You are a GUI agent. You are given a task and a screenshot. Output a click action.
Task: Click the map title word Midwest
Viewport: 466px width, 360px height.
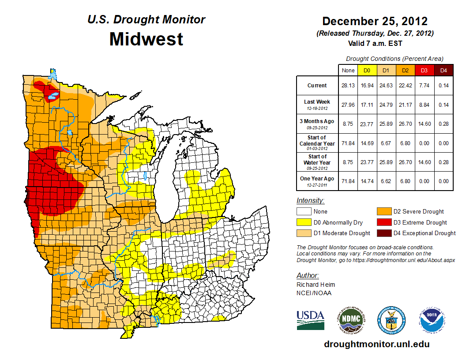146,39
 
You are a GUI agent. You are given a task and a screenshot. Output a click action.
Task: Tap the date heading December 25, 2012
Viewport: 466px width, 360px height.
375,21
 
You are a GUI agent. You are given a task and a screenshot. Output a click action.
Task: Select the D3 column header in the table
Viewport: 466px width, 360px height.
424,71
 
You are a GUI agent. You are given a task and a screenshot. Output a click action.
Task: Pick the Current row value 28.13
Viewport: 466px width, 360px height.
348,86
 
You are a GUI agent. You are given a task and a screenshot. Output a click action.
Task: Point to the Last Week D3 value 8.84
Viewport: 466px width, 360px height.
424,105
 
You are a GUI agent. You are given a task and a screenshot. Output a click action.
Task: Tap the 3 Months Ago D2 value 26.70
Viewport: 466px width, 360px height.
405,124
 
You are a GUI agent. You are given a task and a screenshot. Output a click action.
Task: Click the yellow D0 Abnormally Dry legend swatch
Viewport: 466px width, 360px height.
303,222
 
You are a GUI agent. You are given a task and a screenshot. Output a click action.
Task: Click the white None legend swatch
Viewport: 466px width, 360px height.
303,212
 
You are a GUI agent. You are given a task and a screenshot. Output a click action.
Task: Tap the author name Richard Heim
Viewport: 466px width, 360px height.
316,285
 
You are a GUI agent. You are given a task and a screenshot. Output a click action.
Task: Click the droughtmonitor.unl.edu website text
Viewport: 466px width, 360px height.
376,344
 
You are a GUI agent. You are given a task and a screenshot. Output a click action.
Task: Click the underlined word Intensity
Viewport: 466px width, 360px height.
310,201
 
